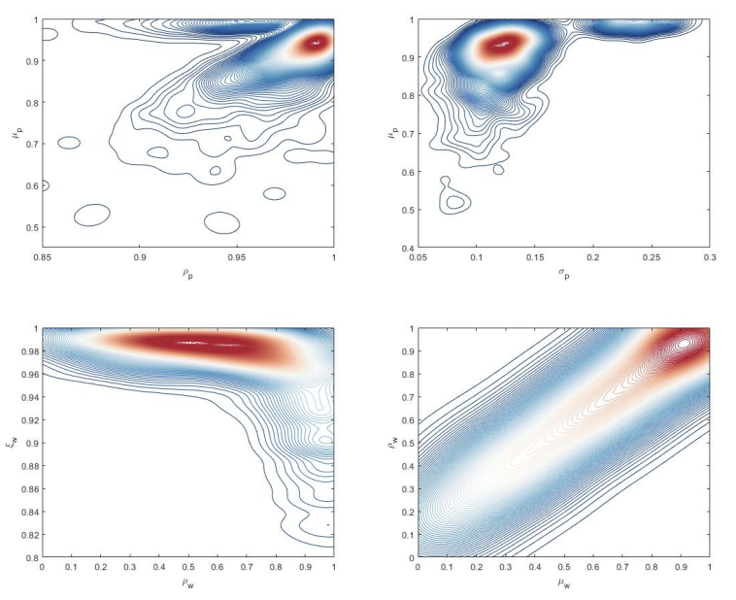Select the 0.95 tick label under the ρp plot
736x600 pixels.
coord(237,258)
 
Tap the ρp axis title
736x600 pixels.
coord(188,274)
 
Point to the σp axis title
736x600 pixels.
coord(563,274)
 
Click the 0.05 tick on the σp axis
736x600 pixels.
coord(418,258)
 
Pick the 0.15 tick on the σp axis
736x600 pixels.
coord(535,258)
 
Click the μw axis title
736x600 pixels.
coord(563,583)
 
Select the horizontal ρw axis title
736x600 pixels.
coord(188,583)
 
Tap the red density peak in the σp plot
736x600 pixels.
coord(503,43)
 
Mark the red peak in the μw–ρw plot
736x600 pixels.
coord(684,343)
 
